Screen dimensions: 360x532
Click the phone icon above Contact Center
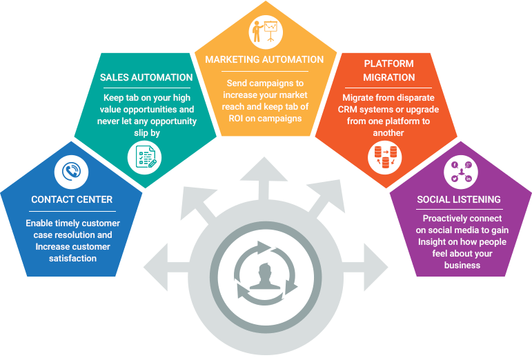(x=72, y=171)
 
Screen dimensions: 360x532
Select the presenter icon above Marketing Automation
(x=265, y=31)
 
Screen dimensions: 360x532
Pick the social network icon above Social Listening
(x=461, y=171)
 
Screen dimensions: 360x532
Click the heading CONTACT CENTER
(x=72, y=200)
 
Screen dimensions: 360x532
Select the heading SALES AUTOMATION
(x=146, y=77)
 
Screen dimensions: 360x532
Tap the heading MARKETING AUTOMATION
(x=265, y=59)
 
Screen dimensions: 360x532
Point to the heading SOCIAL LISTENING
(x=459, y=199)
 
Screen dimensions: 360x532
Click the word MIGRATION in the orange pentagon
(x=389, y=77)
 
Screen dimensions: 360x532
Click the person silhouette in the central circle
(x=265, y=276)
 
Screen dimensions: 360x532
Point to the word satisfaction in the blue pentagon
(x=72, y=258)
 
